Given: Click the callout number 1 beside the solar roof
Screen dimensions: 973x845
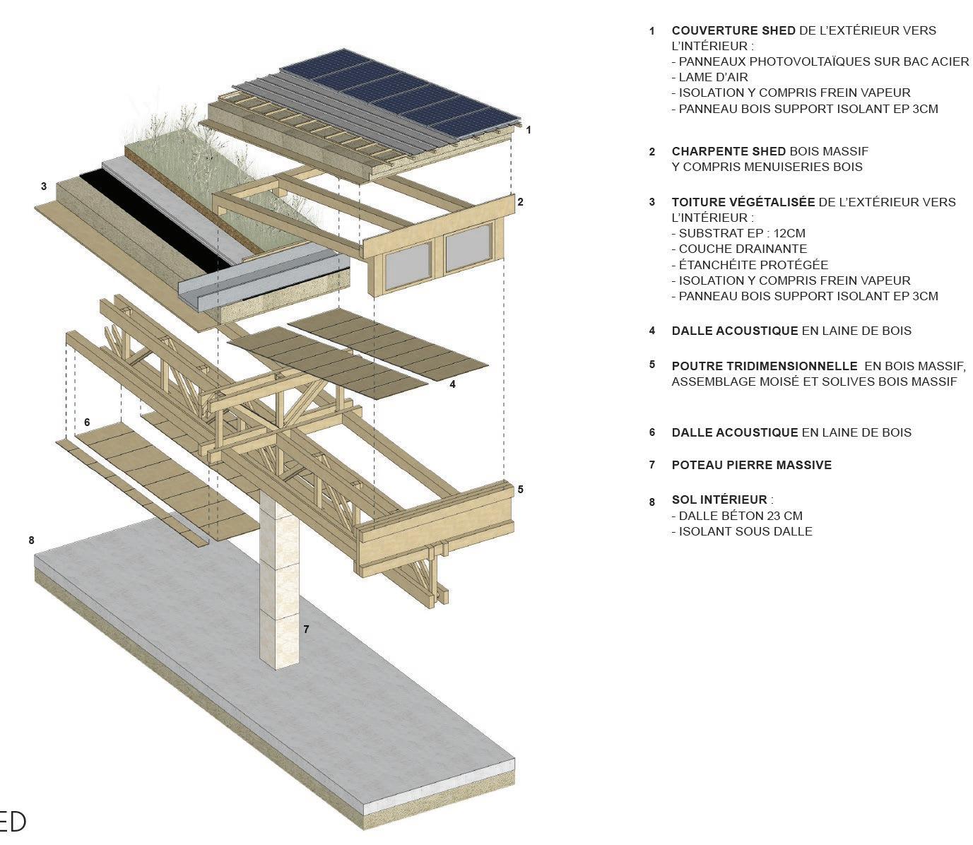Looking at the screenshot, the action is [529, 130].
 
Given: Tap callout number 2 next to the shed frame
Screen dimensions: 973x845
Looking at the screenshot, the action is [520, 202].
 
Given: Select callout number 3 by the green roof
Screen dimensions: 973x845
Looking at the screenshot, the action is [44, 187].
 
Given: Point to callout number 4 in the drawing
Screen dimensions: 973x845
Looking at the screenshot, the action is [452, 384].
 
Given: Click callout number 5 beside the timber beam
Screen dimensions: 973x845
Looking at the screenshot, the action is [520, 489].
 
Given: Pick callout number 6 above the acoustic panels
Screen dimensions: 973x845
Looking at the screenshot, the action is [87, 422].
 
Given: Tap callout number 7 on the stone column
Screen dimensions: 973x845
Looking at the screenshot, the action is [306, 628].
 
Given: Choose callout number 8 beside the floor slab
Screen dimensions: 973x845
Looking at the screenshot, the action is [31, 540].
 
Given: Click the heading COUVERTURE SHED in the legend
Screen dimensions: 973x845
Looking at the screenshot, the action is [733, 31].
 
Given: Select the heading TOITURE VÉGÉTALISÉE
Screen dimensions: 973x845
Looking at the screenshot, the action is [743, 202].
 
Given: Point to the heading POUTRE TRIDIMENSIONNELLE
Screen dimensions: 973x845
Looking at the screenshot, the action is [764, 366].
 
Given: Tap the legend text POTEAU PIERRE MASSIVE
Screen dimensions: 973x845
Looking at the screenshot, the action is [751, 465].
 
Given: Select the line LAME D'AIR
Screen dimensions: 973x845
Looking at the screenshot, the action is [709, 77].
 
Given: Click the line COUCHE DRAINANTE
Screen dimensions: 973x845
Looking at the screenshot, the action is [738, 249].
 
